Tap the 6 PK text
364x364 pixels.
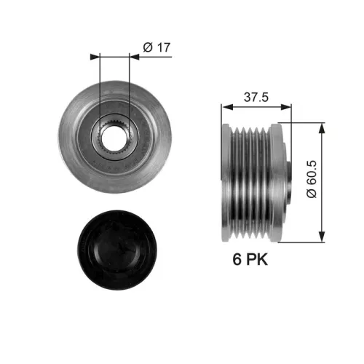tap(250, 260)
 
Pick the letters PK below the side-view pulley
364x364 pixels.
tap(256, 260)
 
